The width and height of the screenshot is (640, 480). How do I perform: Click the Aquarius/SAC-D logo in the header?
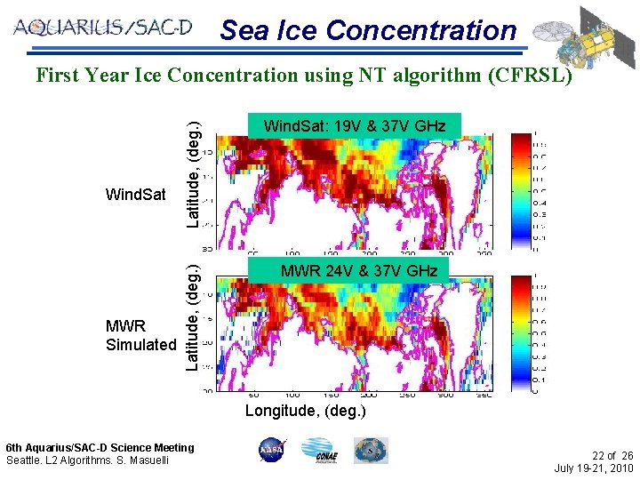tap(102, 28)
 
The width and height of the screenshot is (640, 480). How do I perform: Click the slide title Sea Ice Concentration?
tap(368, 30)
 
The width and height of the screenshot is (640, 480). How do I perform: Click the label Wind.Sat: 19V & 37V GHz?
tap(355, 126)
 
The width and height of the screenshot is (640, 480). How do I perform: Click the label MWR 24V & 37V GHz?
tap(359, 270)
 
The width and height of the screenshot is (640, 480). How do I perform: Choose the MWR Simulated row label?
tap(140, 335)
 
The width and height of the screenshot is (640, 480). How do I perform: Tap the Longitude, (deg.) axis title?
tap(305, 411)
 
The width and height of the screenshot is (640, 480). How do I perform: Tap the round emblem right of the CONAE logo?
tap(371, 450)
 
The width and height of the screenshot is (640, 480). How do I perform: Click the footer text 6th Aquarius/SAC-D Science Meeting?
tap(100, 448)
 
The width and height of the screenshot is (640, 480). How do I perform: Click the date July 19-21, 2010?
tap(593, 468)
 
